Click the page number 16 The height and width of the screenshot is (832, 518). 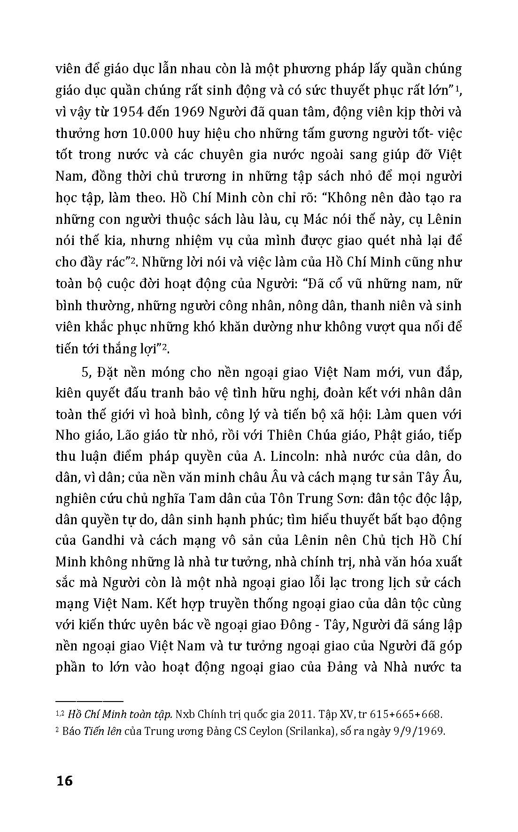(64, 781)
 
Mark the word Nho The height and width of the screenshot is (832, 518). (68, 435)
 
